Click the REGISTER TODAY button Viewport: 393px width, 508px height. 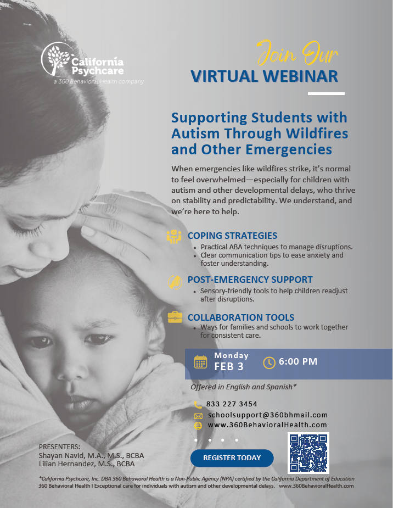[232, 458]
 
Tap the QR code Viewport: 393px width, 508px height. [308, 454]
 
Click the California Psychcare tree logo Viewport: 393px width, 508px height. [57, 59]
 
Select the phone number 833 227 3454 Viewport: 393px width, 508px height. [232, 404]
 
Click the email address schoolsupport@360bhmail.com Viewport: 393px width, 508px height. [267, 415]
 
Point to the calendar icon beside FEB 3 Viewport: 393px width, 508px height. [201, 362]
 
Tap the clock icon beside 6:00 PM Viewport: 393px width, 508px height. [269, 362]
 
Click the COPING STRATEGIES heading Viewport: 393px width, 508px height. [232, 236]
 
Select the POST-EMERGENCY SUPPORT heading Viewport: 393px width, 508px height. [250, 279]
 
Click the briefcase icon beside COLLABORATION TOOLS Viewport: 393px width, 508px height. [175, 317]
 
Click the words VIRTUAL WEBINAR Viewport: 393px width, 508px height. [264, 76]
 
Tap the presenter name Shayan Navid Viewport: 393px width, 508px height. [60, 455]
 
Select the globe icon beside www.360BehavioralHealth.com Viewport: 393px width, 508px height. [198, 425]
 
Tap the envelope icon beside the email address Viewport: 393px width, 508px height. [198, 415]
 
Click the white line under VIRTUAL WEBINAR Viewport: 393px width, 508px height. [326, 93]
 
